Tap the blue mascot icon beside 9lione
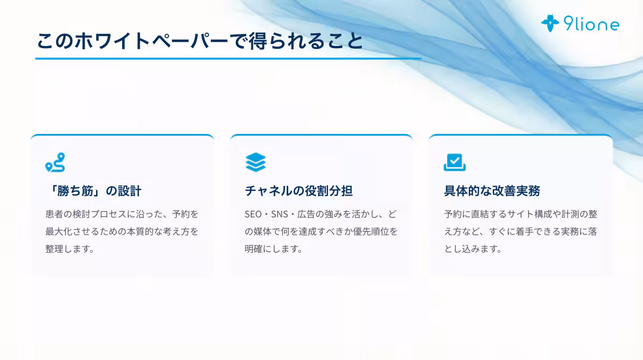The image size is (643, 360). pos(550,23)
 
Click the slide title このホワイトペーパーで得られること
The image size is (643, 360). pos(199,41)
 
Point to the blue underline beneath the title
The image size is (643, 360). pos(228,58)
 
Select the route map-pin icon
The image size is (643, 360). pos(55,162)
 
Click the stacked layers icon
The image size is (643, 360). pos(256,162)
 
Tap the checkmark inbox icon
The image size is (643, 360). pos(454,162)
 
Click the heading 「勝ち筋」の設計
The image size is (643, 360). pos(94,191)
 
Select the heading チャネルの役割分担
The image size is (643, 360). pos(298,191)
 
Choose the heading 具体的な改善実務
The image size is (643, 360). pos(492,191)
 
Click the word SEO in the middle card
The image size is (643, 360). pos(253,214)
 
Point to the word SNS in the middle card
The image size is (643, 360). pos(280,214)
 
